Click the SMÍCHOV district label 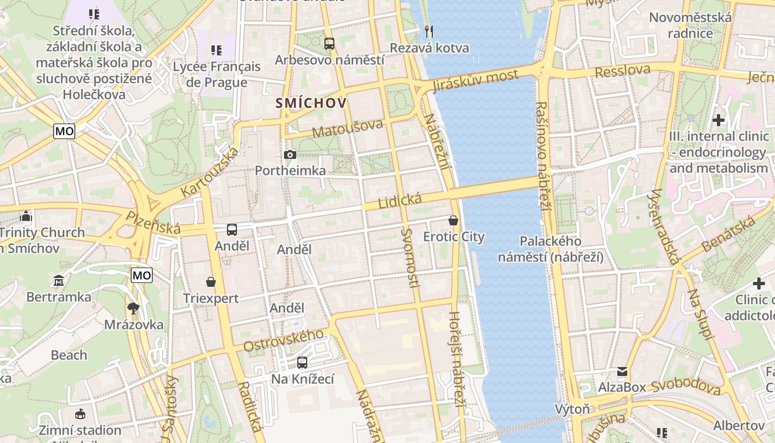click(311, 103)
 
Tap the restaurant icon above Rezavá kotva click(429, 31)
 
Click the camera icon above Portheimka click(290, 154)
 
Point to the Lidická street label click(400, 201)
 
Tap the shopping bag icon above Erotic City click(453, 220)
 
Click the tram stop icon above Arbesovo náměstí click(329, 43)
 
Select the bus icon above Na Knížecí click(302, 363)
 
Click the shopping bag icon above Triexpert click(211, 282)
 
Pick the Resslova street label click(622, 71)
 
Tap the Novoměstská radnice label click(690, 25)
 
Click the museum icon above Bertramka click(59, 281)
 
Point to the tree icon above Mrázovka click(133, 308)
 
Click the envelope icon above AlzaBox click(622, 371)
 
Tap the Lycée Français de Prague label click(216, 74)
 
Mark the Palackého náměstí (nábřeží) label click(550, 249)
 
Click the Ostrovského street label click(283, 340)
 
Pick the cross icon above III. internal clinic click(719, 120)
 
